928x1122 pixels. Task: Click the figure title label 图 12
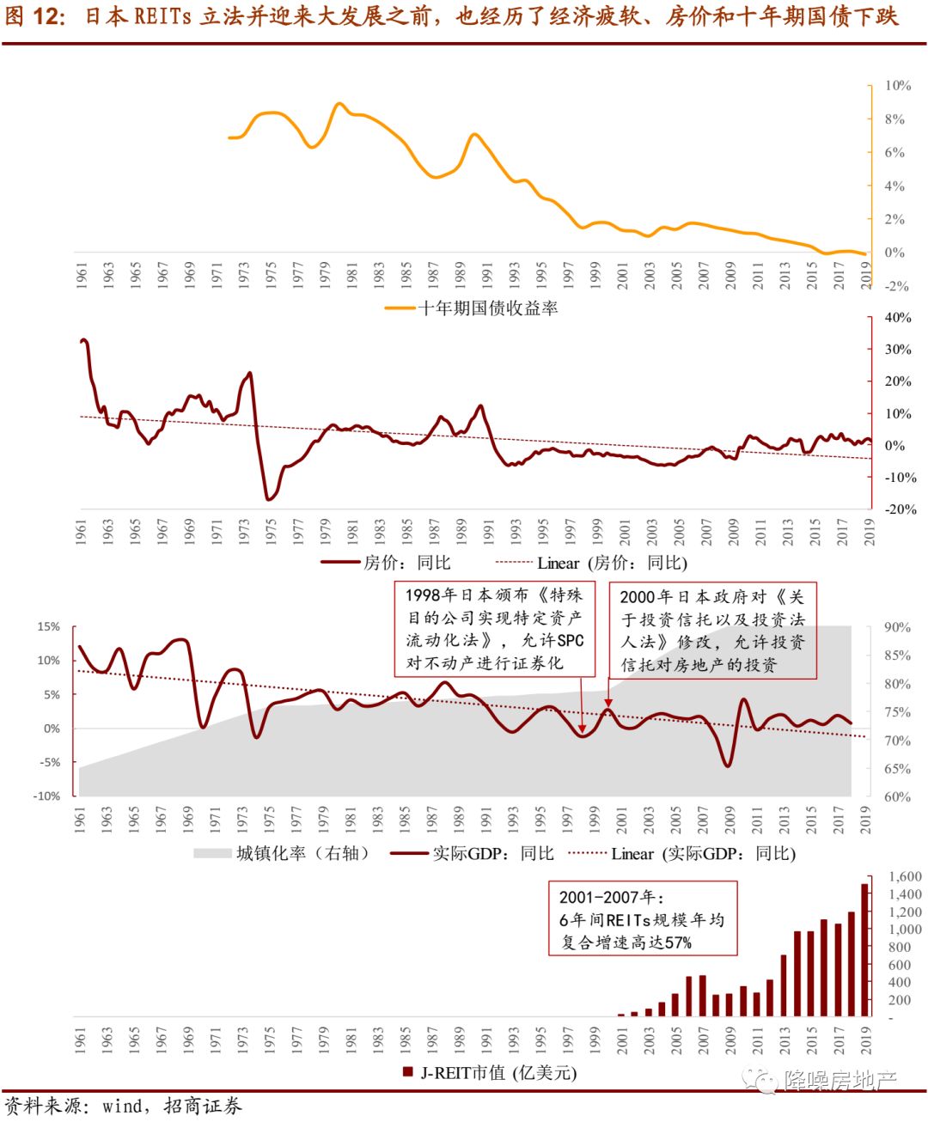click(34, 16)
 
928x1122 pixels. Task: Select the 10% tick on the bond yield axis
click(897, 86)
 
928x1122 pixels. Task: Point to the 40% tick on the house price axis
click(898, 318)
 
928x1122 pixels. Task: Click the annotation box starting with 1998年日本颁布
click(495, 628)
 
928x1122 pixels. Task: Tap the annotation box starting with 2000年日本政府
click(712, 631)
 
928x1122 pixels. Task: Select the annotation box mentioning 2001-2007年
click(643, 918)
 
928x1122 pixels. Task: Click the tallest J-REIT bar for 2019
click(864, 949)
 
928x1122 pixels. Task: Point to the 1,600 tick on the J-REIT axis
click(905, 877)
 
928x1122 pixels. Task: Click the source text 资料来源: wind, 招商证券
click(124, 1106)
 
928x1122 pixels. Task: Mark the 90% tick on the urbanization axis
click(897, 628)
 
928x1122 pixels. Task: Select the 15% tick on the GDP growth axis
click(48, 627)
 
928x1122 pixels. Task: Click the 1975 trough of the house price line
click(269, 499)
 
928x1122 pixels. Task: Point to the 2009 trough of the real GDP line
click(728, 765)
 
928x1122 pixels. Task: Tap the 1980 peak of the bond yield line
click(339, 104)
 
